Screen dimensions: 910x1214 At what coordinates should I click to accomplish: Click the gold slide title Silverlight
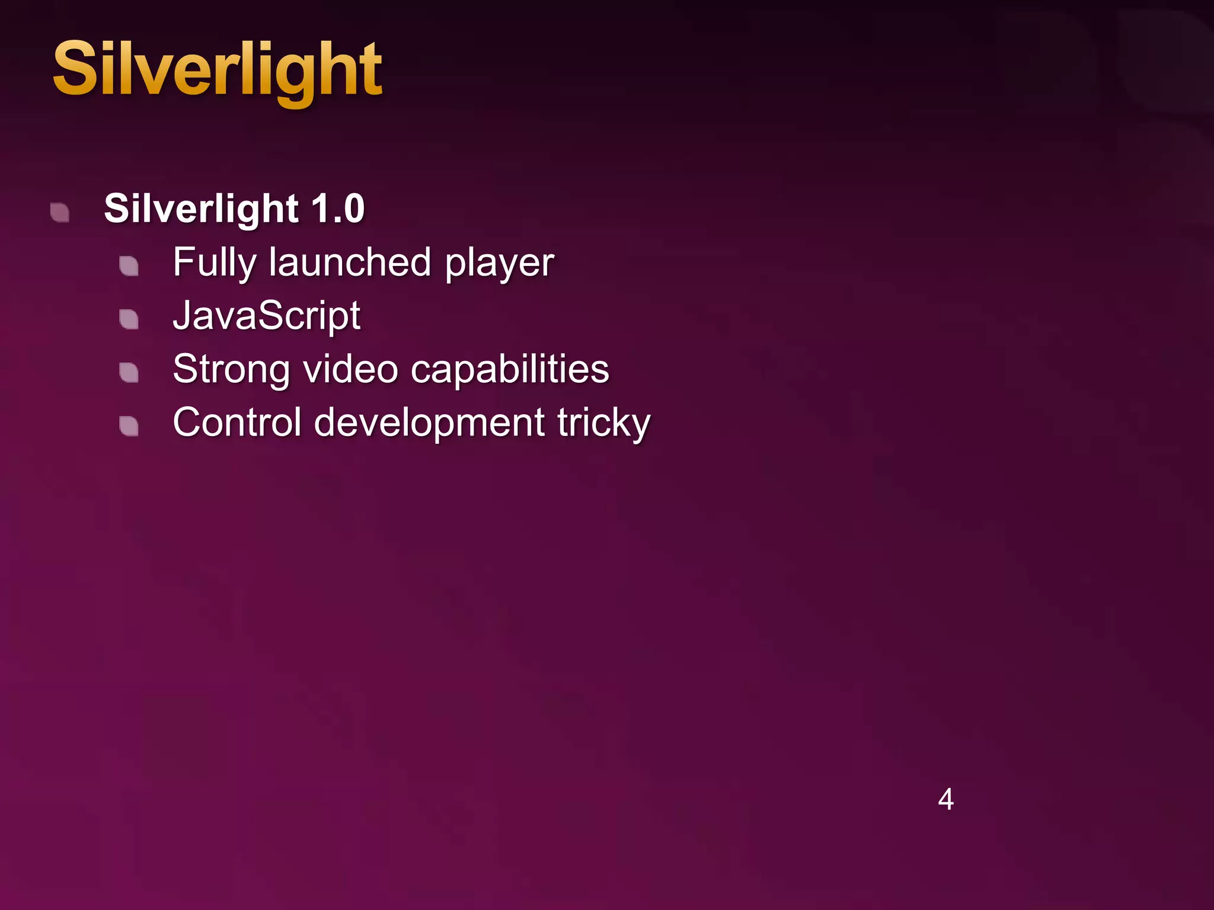[217, 70]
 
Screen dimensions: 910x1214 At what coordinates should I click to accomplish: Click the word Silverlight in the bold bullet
[201, 209]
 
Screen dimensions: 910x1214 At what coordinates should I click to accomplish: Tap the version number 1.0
[337, 209]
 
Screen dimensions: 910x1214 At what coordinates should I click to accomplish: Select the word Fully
[214, 262]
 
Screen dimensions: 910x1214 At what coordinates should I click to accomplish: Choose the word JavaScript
[267, 316]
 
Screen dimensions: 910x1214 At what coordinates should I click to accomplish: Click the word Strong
[231, 370]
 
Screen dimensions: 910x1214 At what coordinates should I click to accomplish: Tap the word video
[350, 369]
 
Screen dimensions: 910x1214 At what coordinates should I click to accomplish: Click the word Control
[237, 422]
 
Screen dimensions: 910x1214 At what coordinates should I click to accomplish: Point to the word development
[429, 423]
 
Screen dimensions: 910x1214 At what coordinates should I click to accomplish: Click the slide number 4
[945, 799]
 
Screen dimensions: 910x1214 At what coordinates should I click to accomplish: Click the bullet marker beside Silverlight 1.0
[60, 213]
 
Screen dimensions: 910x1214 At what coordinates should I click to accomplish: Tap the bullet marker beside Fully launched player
[129, 266]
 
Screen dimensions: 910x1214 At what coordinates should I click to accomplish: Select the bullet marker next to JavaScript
[129, 319]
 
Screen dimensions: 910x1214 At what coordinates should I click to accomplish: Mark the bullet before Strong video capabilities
[129, 373]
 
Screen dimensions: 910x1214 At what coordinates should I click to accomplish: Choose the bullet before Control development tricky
[129, 426]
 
